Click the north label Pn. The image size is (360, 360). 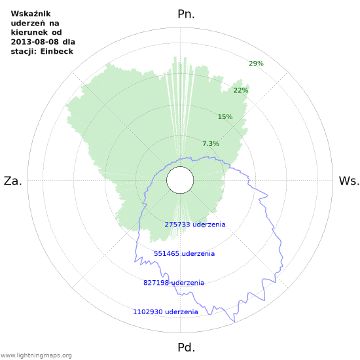tap(187, 14)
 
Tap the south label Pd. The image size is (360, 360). tap(187, 347)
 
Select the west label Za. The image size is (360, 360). tap(13, 181)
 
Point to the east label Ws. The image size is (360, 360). tap(349, 181)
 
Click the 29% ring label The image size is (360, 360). tap(256, 63)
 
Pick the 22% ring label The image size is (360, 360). tap(241, 90)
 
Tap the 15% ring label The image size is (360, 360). tap(225, 117)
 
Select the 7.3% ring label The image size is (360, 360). tap(210, 144)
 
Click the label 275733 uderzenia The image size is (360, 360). tap(195, 225)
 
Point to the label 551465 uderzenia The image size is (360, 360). tap(184, 253)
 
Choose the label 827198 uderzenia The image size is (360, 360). tap(173, 283)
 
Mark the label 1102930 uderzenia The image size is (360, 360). tap(165, 312)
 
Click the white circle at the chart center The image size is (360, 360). tap(179, 181)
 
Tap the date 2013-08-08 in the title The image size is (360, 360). tap(34, 42)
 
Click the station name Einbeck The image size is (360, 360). tap(58, 51)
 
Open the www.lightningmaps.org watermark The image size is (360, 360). tap(37, 355)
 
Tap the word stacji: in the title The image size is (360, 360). tap(24, 51)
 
